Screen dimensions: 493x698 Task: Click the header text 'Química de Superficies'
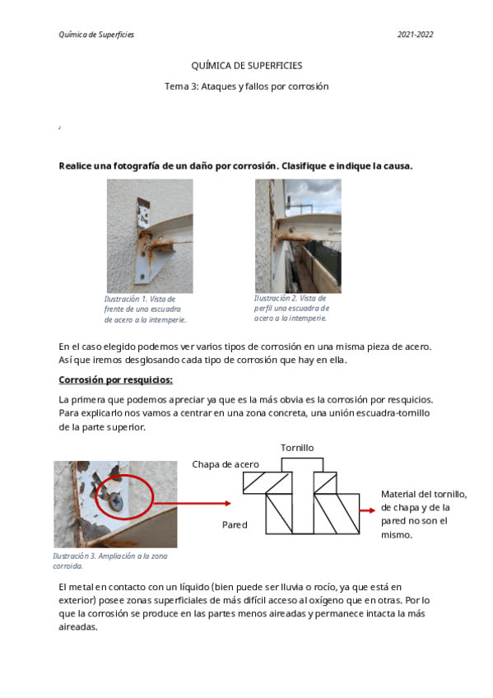pos(96,35)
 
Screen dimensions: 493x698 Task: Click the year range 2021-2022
pos(415,35)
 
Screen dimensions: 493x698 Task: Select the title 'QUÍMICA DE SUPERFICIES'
pos(247,66)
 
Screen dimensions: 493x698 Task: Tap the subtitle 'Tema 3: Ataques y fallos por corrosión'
pos(247,86)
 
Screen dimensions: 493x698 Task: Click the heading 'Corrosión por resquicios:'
pos(116,380)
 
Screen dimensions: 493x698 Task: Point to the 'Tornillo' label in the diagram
pos(297,448)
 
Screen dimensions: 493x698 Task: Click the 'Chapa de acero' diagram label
pos(226,464)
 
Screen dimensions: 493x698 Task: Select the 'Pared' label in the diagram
pos(235,525)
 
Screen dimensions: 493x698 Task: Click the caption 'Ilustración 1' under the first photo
pos(125,299)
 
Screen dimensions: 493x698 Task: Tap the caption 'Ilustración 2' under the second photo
pos(276,298)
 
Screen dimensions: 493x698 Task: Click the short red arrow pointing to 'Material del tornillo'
pos(368,510)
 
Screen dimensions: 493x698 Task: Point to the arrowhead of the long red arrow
pos(228,504)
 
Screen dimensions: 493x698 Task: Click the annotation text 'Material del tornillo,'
pos(424,494)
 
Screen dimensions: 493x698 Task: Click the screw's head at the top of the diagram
pos(303,465)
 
